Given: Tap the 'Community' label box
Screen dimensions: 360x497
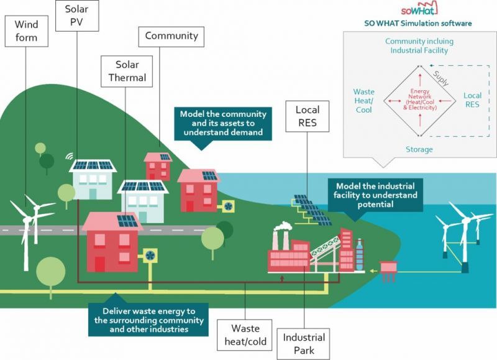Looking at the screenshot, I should pos(171,36).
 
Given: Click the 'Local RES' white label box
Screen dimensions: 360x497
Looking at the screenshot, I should pos(307,116).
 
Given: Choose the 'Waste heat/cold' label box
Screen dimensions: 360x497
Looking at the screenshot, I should pos(245,335).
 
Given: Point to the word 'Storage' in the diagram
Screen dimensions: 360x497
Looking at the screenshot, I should pos(419,149).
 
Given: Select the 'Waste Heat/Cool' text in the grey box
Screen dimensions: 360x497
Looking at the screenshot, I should pos(363,101).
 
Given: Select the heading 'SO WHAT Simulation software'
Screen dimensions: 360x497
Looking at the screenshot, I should pos(417,24).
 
